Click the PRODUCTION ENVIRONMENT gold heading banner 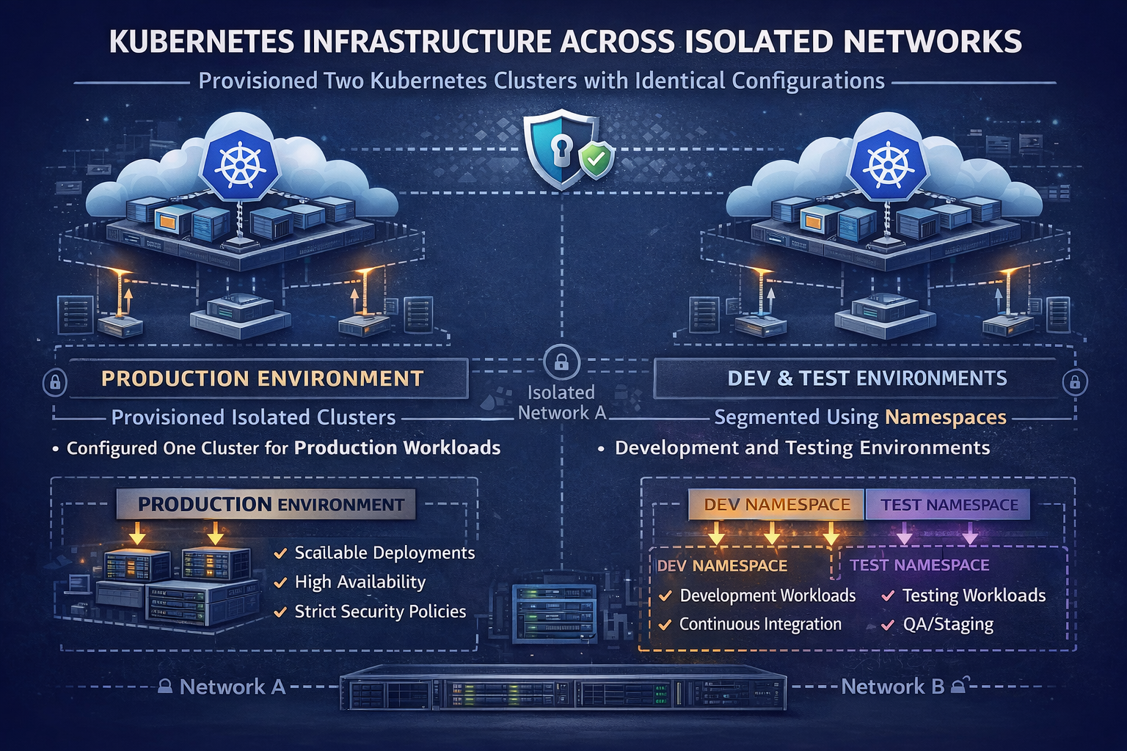(x=262, y=378)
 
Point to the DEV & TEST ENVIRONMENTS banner (x=867, y=378)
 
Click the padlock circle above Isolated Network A (x=561, y=362)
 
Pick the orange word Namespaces (x=946, y=417)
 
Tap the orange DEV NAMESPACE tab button (x=776, y=505)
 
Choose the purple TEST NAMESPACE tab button (x=949, y=505)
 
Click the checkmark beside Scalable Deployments (x=280, y=554)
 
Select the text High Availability (x=360, y=582)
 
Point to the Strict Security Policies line (x=380, y=612)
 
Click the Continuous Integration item (x=760, y=624)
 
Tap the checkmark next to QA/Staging (x=887, y=625)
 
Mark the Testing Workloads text (x=974, y=596)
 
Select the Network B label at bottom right (x=892, y=686)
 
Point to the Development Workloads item (x=767, y=596)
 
